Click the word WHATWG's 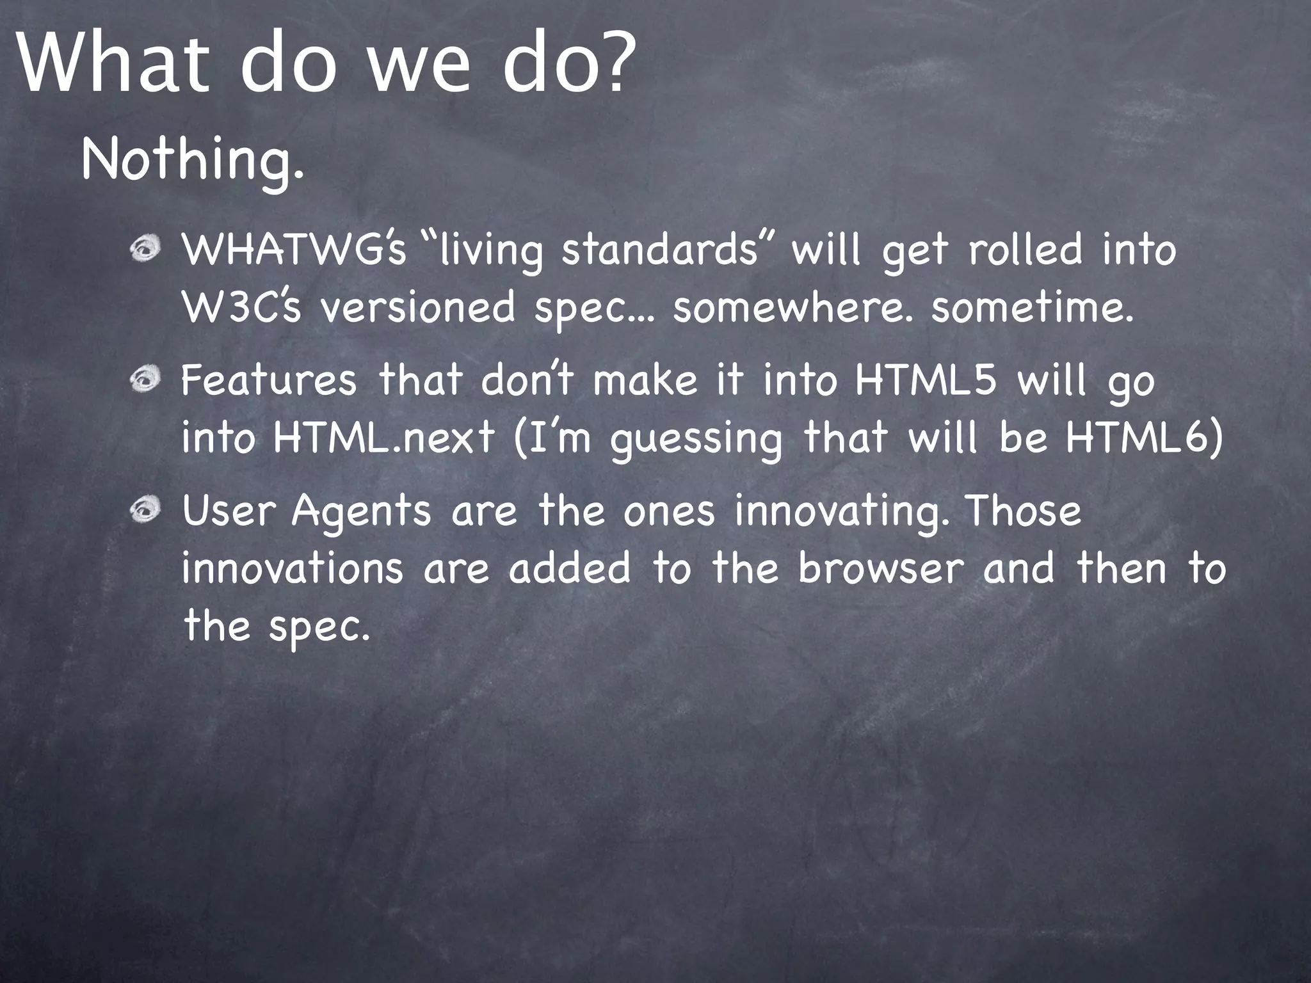click(x=294, y=250)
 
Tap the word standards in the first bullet click(x=660, y=250)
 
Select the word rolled click(x=1025, y=250)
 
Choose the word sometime click(x=1033, y=308)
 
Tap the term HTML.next click(x=383, y=438)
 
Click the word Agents click(x=361, y=512)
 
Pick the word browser click(x=880, y=568)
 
